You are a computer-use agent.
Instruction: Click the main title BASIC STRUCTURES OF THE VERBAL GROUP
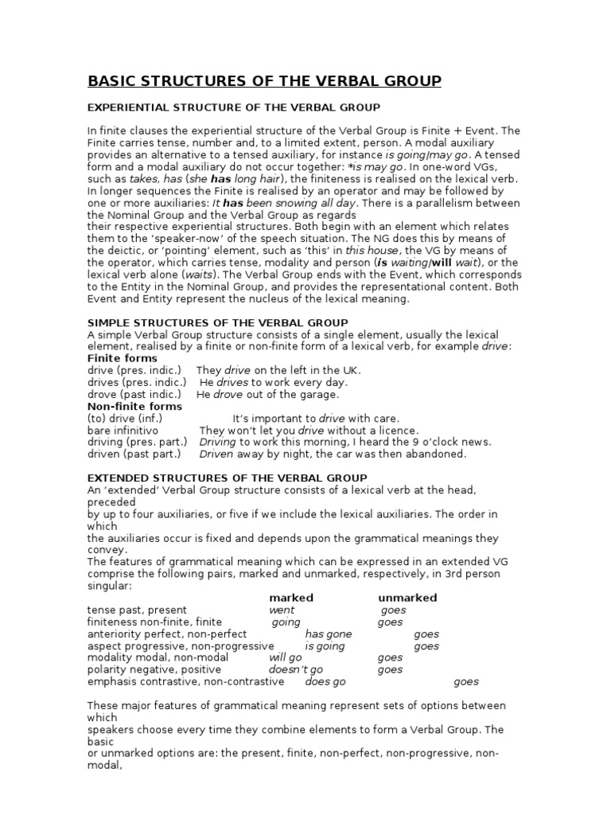[263, 81]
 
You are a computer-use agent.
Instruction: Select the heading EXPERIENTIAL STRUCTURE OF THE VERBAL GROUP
[233, 107]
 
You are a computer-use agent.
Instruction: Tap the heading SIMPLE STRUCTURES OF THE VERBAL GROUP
[217, 322]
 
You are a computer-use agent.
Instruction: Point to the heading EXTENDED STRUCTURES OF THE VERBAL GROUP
[227, 478]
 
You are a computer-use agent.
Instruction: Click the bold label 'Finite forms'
[122, 358]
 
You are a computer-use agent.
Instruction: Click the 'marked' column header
[291, 598]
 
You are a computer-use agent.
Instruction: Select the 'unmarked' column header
[407, 598]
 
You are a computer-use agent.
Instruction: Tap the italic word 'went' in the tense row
[282, 610]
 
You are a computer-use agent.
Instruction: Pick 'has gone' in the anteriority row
[329, 634]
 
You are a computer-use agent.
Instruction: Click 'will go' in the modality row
[286, 658]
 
